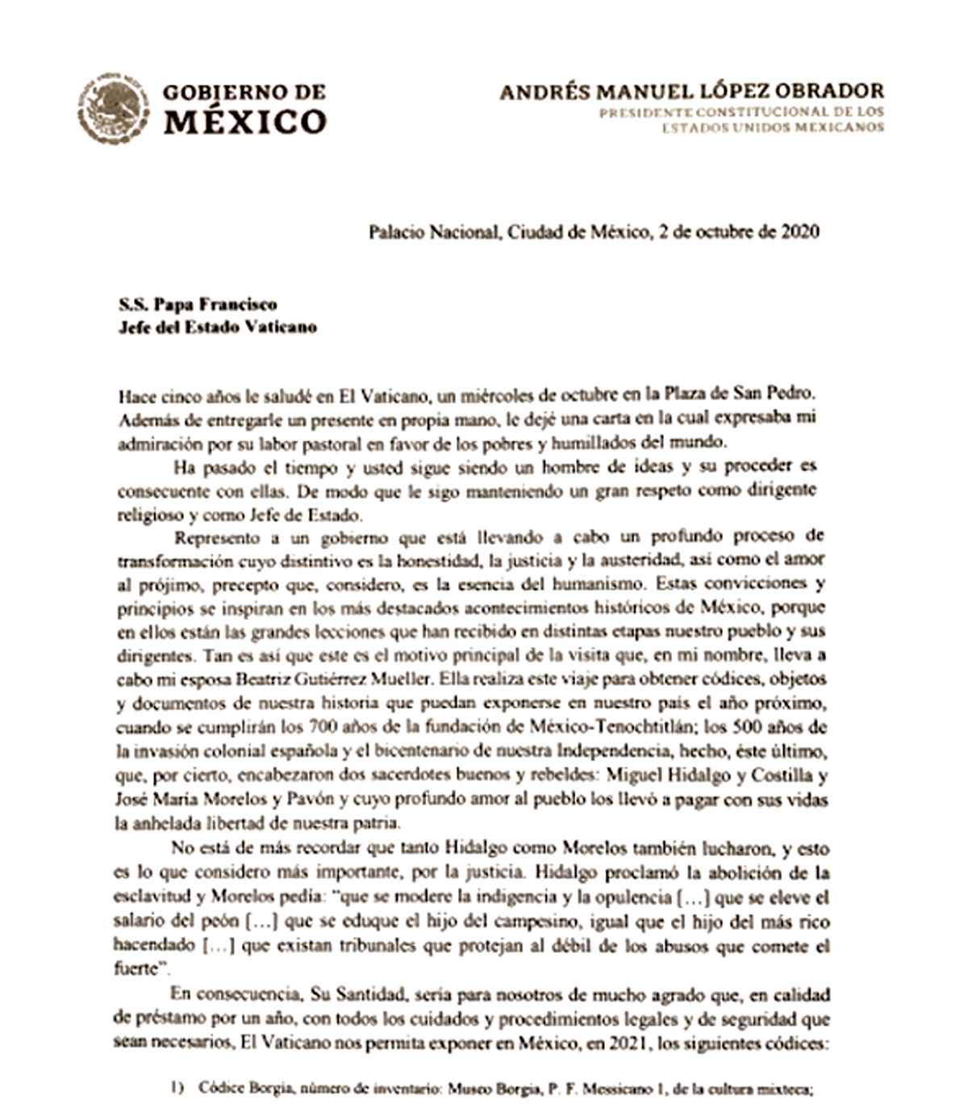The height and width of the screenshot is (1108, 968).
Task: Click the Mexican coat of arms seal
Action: point(114,109)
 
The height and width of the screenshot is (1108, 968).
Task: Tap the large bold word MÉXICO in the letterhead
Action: point(245,122)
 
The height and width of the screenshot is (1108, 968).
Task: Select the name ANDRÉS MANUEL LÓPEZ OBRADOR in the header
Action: point(691,90)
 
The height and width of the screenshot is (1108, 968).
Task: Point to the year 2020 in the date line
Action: point(800,232)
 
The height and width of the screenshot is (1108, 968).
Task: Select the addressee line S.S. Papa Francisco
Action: point(198,304)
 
